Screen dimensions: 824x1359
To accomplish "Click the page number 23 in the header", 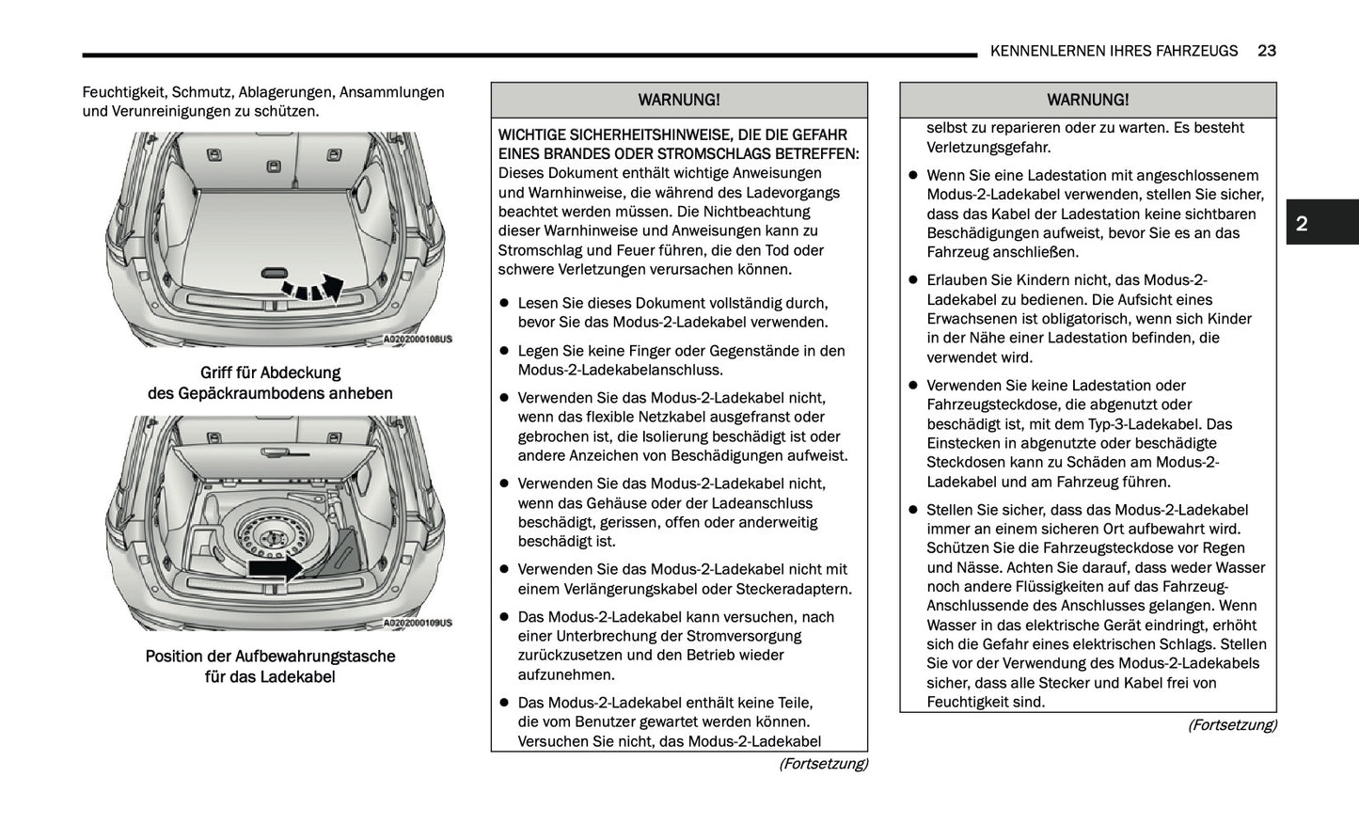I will (x=1266, y=51).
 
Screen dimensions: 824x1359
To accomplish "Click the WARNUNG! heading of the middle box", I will (x=678, y=100).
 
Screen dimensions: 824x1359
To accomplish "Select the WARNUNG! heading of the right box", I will (x=1087, y=100).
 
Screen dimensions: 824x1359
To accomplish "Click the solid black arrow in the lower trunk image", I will (x=275, y=567).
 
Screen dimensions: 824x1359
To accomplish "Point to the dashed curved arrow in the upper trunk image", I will (x=314, y=289).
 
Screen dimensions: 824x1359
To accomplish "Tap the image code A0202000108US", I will (x=418, y=340).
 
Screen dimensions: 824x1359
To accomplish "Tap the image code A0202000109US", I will (x=418, y=623).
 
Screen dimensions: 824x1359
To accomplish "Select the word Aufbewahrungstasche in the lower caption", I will (x=315, y=657).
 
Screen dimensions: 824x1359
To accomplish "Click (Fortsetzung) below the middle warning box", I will (x=822, y=764).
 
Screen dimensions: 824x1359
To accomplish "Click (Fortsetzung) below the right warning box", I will (x=1231, y=725).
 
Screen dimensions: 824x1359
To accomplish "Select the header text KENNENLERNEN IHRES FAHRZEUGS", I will (x=1114, y=51).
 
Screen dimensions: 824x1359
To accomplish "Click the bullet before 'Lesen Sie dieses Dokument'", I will (x=504, y=303).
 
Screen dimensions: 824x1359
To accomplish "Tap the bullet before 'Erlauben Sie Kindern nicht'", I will (x=912, y=280).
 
